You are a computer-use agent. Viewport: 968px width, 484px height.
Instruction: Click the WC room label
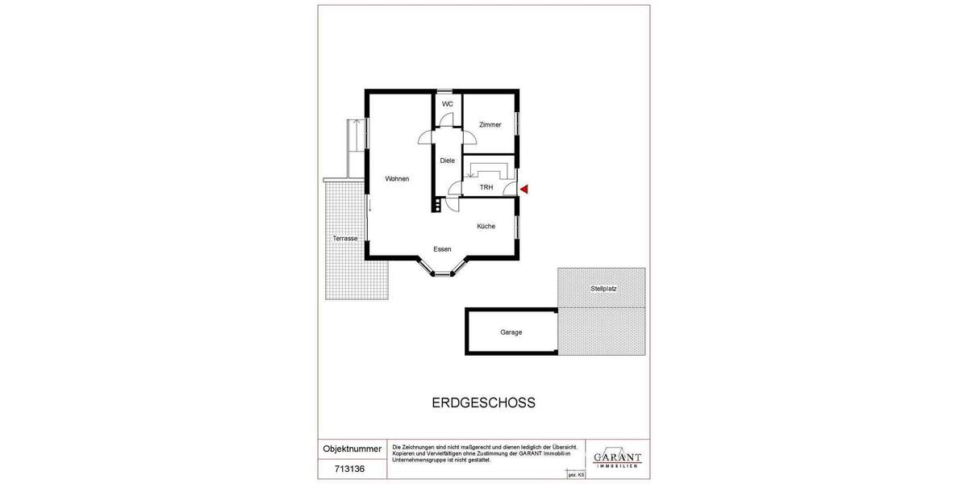tap(447, 104)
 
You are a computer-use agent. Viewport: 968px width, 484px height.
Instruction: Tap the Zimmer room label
tap(490, 125)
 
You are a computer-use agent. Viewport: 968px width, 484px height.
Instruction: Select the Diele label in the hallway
tap(447, 161)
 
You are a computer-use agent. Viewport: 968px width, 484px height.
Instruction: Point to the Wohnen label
tap(397, 179)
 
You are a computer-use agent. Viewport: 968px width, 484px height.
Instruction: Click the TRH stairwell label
tap(486, 188)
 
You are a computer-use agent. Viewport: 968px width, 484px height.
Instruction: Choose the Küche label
tap(486, 227)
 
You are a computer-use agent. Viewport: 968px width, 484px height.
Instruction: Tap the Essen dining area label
tap(442, 249)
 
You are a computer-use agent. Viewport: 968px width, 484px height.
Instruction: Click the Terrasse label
tap(344, 239)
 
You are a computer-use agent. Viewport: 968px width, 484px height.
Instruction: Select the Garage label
tap(511, 332)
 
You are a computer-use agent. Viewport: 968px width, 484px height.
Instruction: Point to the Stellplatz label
tap(603, 288)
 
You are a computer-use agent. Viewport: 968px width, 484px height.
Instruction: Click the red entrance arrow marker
tap(524, 190)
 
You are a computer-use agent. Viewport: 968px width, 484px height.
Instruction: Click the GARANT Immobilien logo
tap(617, 459)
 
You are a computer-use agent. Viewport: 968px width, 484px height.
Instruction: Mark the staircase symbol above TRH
tap(487, 170)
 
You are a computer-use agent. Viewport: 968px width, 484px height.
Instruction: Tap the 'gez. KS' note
tap(576, 475)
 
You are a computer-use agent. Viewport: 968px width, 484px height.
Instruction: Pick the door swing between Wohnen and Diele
tap(426, 137)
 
